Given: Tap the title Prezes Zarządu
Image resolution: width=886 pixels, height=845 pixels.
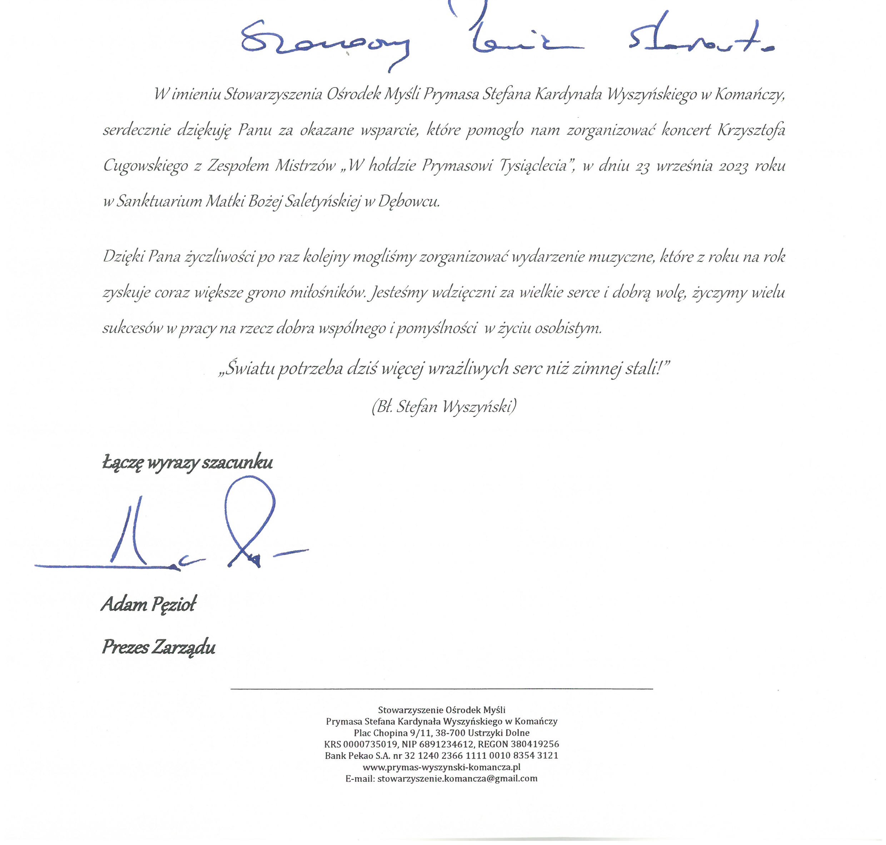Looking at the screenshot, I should pos(159,647).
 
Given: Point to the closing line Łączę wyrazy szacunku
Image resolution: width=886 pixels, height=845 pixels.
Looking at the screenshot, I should pos(187,463).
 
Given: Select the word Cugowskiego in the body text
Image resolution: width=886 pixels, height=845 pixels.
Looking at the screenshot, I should pos(145,166).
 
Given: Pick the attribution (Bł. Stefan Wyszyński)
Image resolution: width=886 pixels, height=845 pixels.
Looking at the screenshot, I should pos(444,407).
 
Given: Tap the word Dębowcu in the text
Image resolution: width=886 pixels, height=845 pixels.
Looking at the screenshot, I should pos(409,202).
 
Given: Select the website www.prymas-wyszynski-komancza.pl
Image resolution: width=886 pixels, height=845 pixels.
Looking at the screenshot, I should pos(442,767).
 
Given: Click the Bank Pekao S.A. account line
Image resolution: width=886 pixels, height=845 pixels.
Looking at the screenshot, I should pos(442,755).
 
